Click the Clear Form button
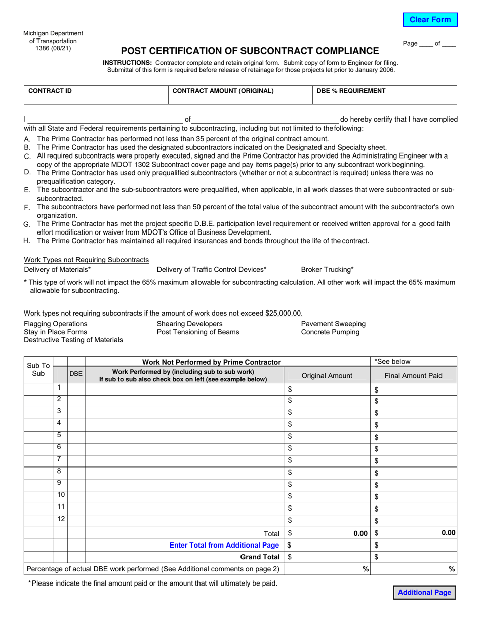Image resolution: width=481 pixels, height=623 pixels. point(430,20)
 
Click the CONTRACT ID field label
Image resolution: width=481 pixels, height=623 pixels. point(50,91)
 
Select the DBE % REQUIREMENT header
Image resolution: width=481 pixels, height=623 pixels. point(351,91)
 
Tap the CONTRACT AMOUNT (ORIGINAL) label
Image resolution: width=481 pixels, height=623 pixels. point(223,91)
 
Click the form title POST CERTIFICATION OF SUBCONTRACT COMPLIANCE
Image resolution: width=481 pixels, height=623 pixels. point(249,51)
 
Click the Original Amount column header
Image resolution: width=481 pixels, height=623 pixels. point(327,376)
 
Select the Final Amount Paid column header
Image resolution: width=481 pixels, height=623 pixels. point(413,376)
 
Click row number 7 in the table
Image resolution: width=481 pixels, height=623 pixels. point(59,459)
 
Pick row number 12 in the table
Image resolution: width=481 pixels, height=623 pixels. point(61,519)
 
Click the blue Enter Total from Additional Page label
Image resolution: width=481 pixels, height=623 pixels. point(224,545)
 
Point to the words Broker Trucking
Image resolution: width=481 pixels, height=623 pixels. point(327,270)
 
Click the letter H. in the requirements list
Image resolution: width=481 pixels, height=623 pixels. point(27,240)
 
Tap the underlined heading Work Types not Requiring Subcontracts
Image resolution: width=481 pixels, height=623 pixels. point(87,260)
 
